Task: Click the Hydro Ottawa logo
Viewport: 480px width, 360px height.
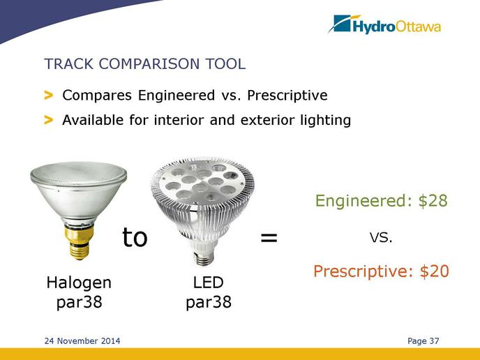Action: pyautogui.click(x=384, y=24)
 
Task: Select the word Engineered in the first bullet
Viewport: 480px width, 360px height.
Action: pyautogui.click(x=177, y=95)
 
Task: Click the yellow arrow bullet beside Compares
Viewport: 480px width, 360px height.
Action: pyautogui.click(x=49, y=95)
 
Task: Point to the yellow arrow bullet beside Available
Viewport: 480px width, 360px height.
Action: pyautogui.click(x=49, y=120)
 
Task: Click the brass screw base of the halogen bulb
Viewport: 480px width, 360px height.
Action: pyautogui.click(x=79, y=243)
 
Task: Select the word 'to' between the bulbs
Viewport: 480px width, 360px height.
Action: pyautogui.click(x=135, y=237)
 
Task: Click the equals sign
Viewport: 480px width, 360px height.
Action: pyautogui.click(x=269, y=237)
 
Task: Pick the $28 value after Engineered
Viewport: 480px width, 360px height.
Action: pyautogui.click(x=433, y=201)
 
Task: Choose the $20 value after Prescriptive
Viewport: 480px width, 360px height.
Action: pyautogui.click(x=435, y=271)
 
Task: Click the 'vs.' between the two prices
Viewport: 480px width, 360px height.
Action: pyautogui.click(x=381, y=237)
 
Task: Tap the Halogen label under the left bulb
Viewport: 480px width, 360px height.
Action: pyautogui.click(x=79, y=283)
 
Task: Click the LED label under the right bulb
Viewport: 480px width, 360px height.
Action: pyautogui.click(x=209, y=283)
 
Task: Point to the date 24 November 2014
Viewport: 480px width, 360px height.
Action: pyautogui.click(x=82, y=340)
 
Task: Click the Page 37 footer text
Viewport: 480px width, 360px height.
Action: pyautogui.click(x=423, y=340)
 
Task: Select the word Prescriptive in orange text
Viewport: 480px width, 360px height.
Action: pyautogui.click(x=363, y=271)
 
